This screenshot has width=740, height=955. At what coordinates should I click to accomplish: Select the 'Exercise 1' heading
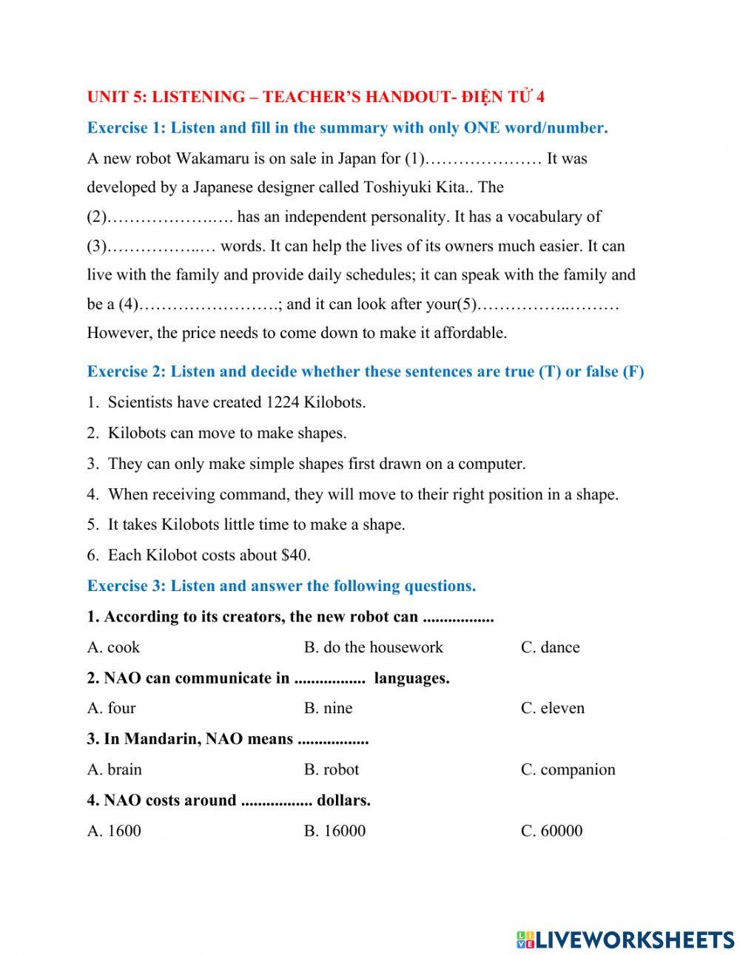pyautogui.click(x=127, y=128)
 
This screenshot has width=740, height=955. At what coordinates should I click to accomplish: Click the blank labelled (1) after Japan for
pyautogui.click(x=485, y=159)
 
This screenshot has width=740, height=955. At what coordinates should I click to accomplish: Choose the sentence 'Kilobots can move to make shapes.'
pyautogui.click(x=226, y=433)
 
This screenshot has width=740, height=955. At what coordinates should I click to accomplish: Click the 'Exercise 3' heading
pyautogui.click(x=127, y=586)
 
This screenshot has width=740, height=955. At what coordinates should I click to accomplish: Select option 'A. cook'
pyautogui.click(x=113, y=647)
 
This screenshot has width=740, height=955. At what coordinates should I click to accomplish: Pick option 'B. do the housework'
pyautogui.click(x=373, y=647)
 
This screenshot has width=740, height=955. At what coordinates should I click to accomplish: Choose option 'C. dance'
pyautogui.click(x=550, y=647)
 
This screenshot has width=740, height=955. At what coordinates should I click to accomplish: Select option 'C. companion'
pyautogui.click(x=568, y=769)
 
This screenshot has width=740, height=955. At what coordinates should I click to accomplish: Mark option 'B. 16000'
pyautogui.click(x=334, y=831)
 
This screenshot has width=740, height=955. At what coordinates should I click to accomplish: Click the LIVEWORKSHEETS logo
pyautogui.click(x=625, y=939)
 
